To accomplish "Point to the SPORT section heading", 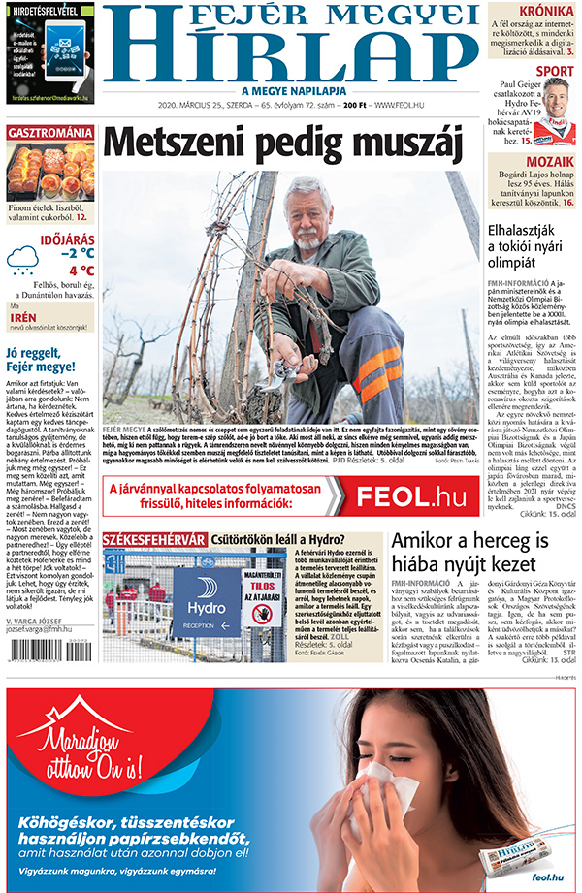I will point(555,71).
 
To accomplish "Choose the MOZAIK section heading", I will point(550,162).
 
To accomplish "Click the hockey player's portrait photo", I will point(554,109).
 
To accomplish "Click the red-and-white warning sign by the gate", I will point(261,594).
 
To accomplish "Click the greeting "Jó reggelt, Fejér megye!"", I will point(41,360).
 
